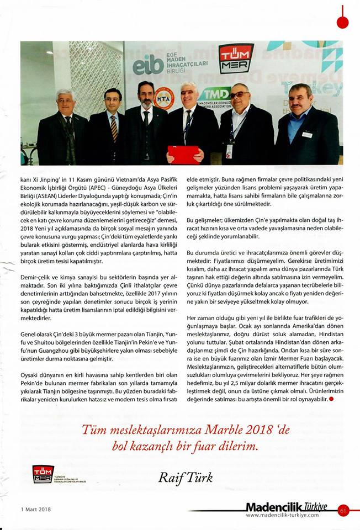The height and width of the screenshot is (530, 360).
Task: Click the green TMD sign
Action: (215, 93)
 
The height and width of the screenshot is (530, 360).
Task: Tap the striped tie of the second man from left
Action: (114, 128)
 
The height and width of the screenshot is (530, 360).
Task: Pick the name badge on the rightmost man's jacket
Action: (307, 134)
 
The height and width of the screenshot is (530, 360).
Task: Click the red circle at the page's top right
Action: (342, 23)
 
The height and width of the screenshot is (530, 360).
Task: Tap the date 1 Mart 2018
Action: (29, 509)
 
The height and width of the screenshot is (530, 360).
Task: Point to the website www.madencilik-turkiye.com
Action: (282, 515)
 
